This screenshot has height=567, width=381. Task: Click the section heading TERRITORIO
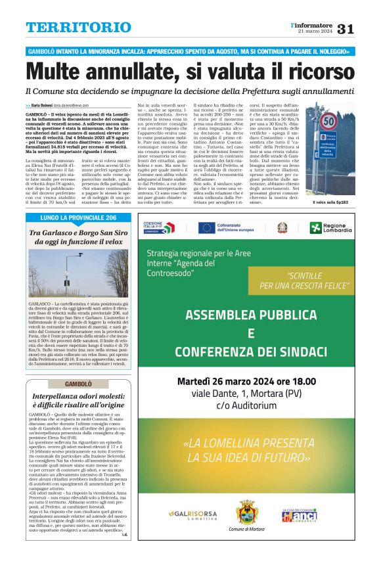pyautogui.click(x=78, y=28)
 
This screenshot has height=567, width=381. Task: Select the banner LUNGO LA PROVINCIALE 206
pyautogui.click(x=78, y=217)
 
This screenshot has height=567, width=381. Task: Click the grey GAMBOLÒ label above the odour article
pyautogui.click(x=78, y=384)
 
